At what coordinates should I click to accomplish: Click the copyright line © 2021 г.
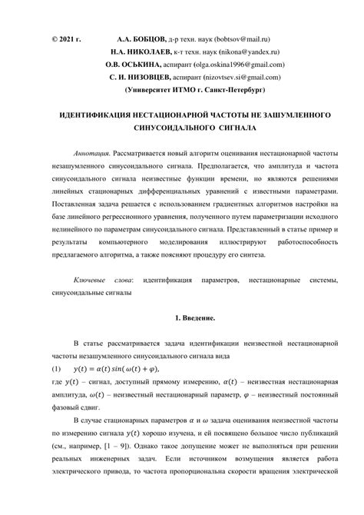click(x=66, y=37)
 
